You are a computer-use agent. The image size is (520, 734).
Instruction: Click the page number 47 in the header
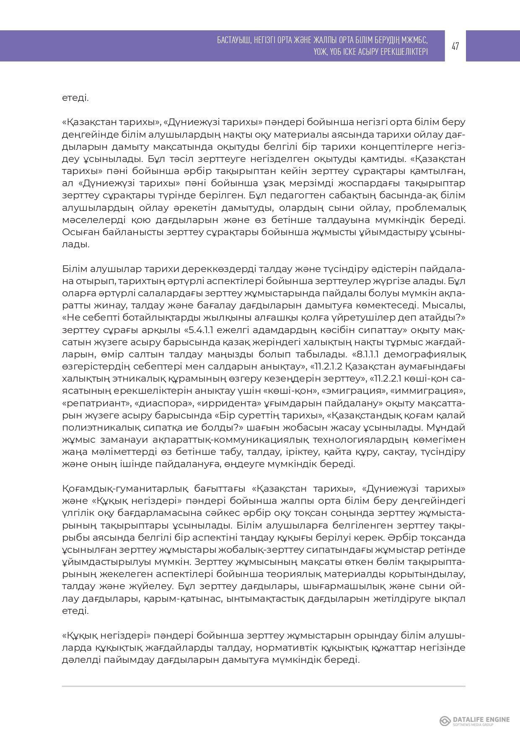click(x=455, y=46)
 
